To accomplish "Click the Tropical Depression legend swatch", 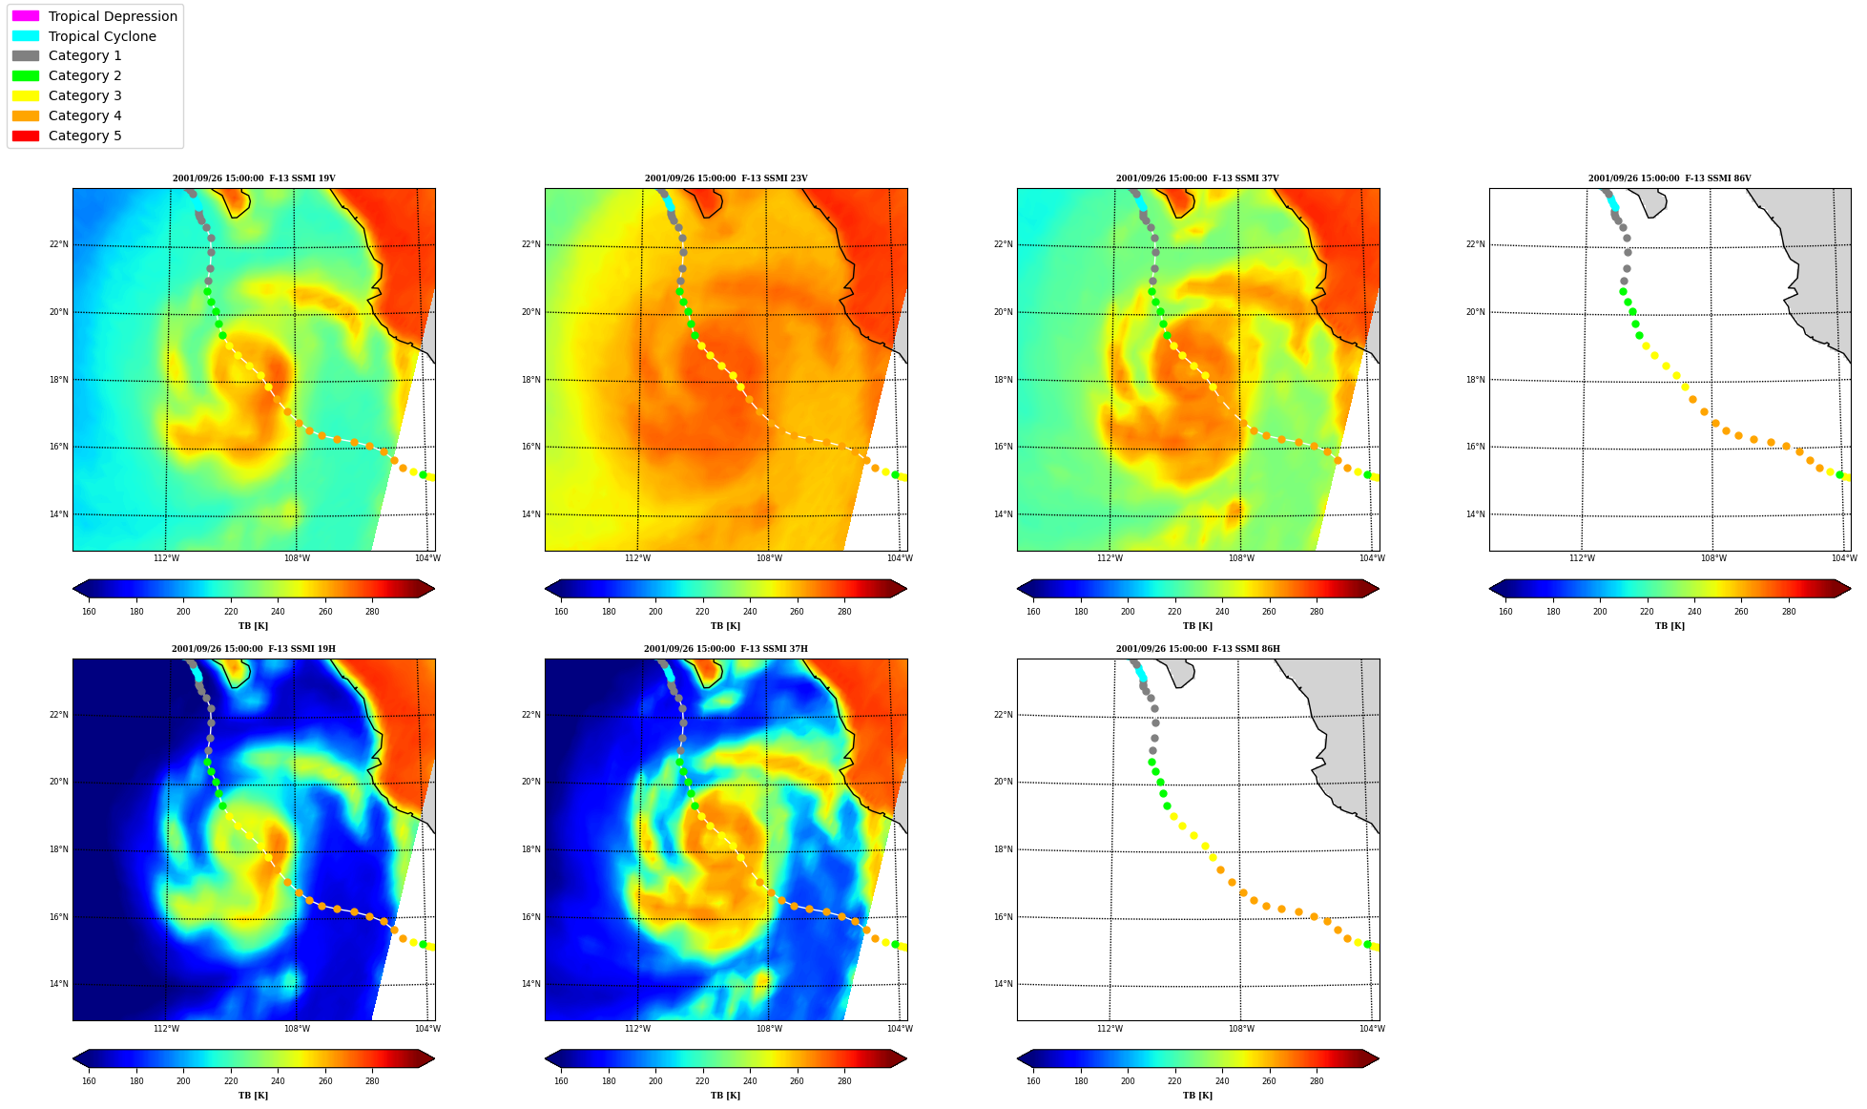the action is tap(26, 16).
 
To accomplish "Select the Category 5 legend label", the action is tap(85, 136).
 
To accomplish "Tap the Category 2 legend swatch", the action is tap(26, 75).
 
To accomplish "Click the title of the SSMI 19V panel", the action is tap(254, 178).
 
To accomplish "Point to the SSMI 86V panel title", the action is tap(1670, 178).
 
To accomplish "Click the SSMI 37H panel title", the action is tap(725, 649).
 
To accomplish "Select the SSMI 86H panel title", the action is tap(1198, 649).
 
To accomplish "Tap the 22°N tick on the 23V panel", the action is tap(530, 244).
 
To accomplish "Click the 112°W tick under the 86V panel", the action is tap(1582, 558).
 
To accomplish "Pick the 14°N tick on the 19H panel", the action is tap(58, 984).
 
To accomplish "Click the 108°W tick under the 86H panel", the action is tap(1241, 1029).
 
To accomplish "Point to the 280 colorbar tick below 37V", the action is tap(1317, 612).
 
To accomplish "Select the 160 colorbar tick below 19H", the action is tap(89, 1081).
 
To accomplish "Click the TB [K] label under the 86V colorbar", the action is tap(1670, 626).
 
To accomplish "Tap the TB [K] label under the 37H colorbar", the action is tap(725, 1096).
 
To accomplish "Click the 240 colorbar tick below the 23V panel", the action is tap(750, 612).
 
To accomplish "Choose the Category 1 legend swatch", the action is tap(26, 55).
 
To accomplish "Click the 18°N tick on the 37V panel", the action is tap(1003, 380).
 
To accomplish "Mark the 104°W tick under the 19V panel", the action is tap(427, 558).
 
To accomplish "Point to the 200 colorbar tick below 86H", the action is tap(1128, 1081).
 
